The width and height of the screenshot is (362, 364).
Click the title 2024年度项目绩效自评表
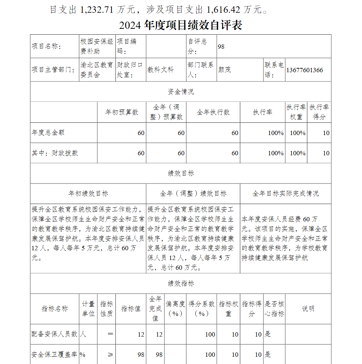coord(180,25)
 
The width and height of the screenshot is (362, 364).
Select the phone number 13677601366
coord(304,70)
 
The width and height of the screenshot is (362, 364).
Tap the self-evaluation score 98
coord(221,47)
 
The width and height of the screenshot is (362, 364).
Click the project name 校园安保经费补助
coord(97,47)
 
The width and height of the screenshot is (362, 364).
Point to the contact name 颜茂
coord(225,70)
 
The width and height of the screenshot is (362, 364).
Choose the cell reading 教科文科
coord(160,70)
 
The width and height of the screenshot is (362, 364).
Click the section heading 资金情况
coord(181,92)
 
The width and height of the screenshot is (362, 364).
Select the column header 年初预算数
coord(122,112)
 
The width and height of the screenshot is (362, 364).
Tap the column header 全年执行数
coord(213,112)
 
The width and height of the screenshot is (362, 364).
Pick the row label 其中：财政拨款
coord(55,153)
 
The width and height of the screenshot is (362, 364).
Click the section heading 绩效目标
coord(181,173)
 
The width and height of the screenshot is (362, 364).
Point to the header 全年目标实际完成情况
coord(285,194)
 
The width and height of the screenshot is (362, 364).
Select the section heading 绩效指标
coord(181,283)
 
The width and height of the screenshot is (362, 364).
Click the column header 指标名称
coord(55,309)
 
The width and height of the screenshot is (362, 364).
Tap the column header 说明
coord(308,309)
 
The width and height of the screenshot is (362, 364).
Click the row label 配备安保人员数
coord(55,334)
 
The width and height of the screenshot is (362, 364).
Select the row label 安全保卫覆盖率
coord(55,355)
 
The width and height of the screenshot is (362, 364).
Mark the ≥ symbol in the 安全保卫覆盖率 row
coord(110,355)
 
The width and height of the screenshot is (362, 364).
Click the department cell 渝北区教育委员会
coord(97,70)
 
